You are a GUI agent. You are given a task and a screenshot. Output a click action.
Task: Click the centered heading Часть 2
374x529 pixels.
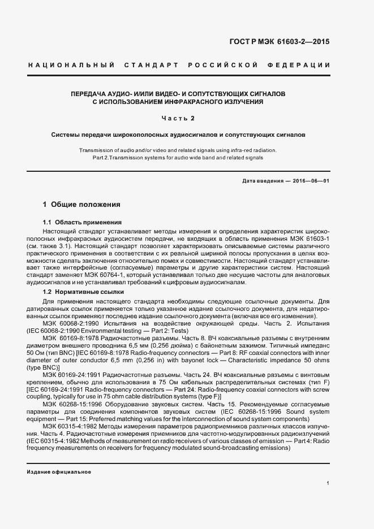pyautogui.click(x=178, y=119)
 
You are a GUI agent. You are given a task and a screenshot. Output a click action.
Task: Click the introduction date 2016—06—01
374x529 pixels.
pyautogui.click(x=310, y=181)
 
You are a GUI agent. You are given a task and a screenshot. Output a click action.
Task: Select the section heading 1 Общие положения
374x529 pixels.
pyautogui.click(x=81, y=204)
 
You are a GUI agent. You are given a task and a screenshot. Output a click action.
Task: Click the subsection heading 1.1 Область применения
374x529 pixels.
pyautogui.click(x=83, y=223)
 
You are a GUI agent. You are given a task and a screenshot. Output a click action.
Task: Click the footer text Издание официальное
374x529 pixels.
pyautogui.click(x=59, y=471)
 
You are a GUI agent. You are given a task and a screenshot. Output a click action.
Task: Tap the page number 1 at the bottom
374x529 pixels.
pyautogui.click(x=328, y=484)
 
